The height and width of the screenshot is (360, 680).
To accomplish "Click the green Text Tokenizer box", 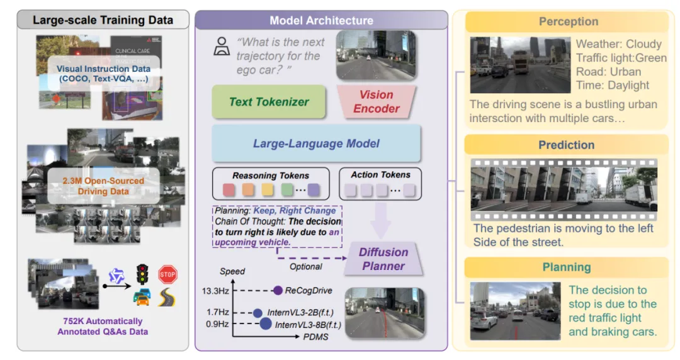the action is pos(269,102).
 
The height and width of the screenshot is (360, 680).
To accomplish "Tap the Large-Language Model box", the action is pos(316,143).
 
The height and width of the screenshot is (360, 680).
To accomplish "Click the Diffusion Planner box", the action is pos(383,259).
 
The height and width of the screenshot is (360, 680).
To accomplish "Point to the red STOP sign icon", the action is pos(167,274).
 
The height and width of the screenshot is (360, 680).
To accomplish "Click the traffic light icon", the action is pos(142,274).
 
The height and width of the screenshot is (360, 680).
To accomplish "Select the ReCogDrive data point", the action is pos(278,291).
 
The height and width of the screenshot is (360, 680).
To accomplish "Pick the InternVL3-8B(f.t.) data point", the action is pos(266,324).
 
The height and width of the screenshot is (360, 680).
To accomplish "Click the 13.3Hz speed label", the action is pos(215,291).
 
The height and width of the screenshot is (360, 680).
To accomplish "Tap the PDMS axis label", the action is pos(315,337).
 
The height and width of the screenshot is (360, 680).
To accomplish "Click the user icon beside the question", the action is pos(222,47).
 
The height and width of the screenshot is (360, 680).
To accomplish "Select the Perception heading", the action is pos(568,21).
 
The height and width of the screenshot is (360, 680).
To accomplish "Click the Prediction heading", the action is pos(567,145).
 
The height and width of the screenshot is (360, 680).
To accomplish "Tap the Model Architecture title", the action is pos(321,20).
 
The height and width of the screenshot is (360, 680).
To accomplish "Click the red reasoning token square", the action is pos(229,189).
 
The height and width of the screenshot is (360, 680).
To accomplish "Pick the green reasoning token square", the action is pos(287,189).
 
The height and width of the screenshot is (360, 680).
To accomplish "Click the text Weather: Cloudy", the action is pos(619,44).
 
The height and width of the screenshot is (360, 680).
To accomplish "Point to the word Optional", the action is pos(306,266).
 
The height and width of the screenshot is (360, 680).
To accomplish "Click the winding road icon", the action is pos(167,298).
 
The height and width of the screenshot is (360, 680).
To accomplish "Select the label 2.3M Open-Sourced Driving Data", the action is pos(103,186).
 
